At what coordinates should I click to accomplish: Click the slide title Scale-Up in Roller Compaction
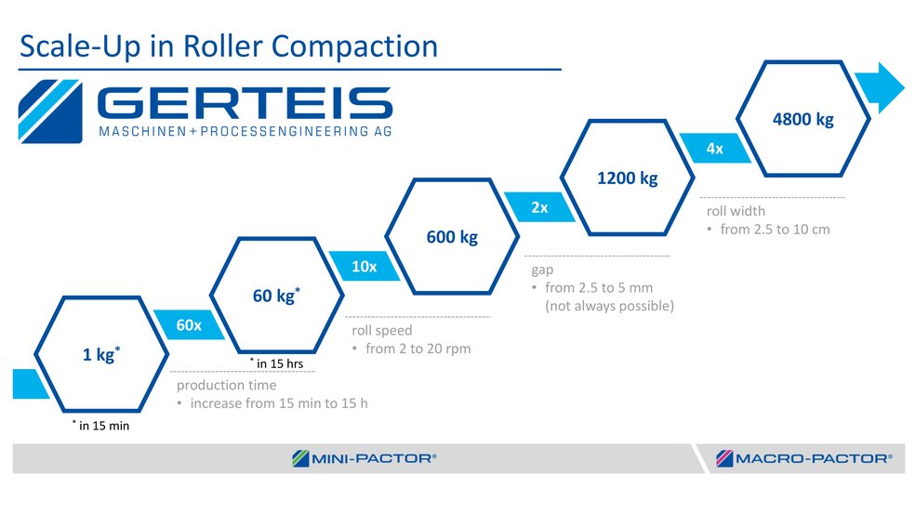229,46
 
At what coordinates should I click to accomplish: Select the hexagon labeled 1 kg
100,354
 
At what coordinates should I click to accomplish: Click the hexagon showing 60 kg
276,296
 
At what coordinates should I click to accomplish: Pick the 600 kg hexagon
452,237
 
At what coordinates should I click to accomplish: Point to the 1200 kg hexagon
627,178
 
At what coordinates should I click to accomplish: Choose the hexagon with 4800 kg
802,119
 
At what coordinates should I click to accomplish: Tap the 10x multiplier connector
365,267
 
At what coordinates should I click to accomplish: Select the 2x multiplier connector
539,208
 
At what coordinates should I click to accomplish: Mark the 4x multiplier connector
714,149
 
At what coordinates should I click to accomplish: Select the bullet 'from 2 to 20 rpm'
411,349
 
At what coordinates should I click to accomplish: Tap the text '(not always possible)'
608,306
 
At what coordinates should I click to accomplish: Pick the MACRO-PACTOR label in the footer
804,457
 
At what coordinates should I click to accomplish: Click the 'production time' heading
226,385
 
